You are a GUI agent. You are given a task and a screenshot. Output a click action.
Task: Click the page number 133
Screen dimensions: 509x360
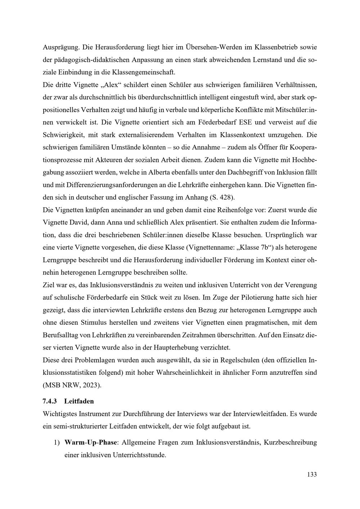coord(312,474)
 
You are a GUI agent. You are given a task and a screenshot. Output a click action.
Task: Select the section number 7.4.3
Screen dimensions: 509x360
coord(50,401)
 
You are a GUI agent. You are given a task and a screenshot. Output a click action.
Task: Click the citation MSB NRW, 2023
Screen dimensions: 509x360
coord(72,385)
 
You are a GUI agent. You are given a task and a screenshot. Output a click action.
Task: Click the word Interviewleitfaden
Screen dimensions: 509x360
coord(261,414)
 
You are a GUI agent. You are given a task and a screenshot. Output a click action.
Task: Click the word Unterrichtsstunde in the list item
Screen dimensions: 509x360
coord(139,455)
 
